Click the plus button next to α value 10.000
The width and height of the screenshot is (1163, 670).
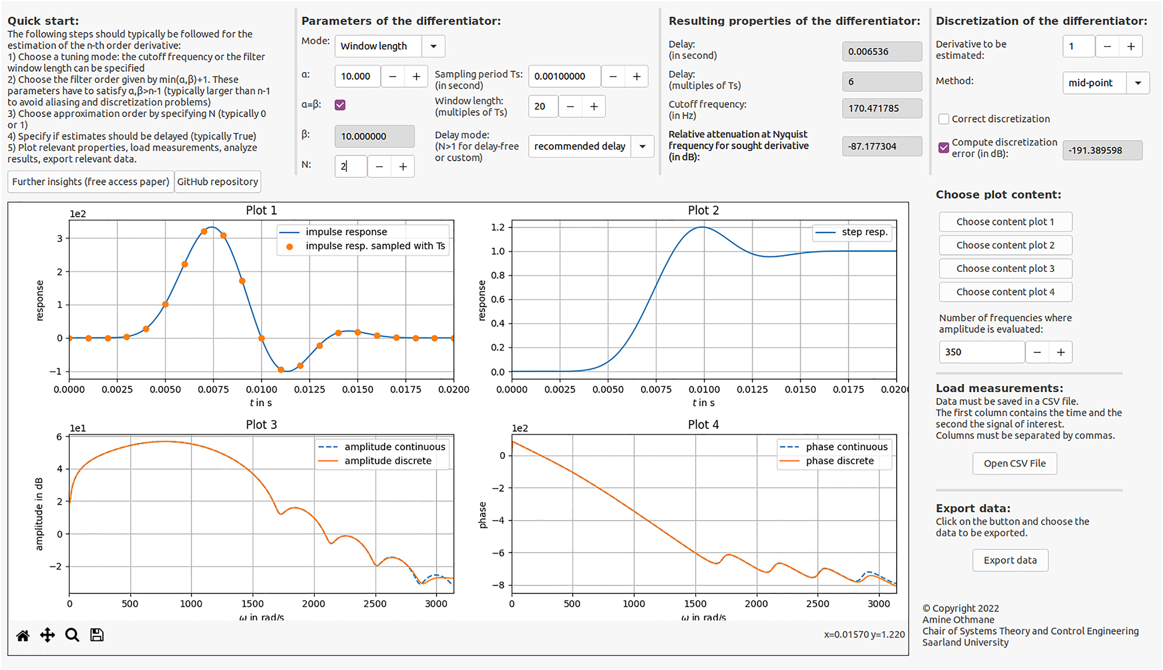[416, 77]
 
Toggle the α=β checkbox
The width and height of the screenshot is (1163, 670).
[340, 105]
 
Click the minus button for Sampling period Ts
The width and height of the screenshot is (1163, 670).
[613, 77]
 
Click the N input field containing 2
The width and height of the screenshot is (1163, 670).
[350, 167]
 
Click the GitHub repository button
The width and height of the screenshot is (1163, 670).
[217, 182]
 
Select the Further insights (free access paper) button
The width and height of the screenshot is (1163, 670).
[91, 182]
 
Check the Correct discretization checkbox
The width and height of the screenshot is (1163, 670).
[944, 119]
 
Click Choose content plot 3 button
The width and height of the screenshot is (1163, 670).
[1005, 269]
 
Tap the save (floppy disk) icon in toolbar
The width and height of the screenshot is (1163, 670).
[97, 635]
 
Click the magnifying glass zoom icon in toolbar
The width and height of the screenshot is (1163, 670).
[72, 635]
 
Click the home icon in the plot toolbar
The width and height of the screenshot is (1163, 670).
[23, 636]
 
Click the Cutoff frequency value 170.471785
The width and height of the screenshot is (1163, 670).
[881, 109]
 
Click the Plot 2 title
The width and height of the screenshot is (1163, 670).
[703, 210]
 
